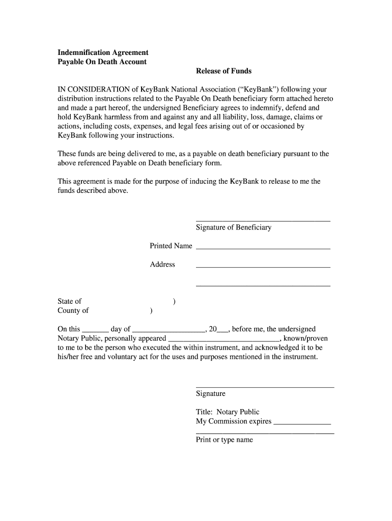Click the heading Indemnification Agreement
[x=103, y=52]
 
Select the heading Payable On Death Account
[x=102, y=62]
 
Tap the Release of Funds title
[x=223, y=71]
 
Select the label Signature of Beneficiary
[x=233, y=227]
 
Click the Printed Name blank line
[x=263, y=247]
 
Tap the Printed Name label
[x=171, y=246]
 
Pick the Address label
[x=162, y=264]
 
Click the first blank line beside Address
[x=263, y=266]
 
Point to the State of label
[x=69, y=301]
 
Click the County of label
[x=73, y=310]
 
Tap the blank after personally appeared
[x=223, y=340]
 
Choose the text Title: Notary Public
[x=227, y=412]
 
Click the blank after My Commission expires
[x=302, y=423]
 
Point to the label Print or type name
[x=224, y=440]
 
